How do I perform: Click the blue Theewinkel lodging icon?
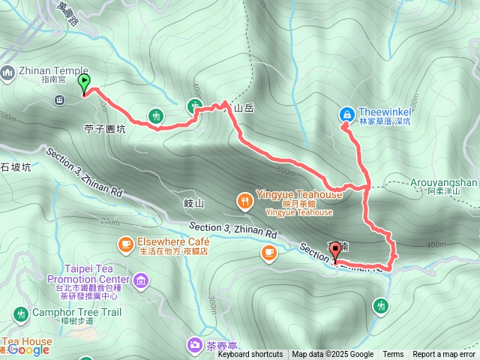tap(346, 114)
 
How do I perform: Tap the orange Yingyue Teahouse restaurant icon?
tap(244, 200)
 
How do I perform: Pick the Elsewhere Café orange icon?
tap(125, 244)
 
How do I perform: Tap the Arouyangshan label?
tap(444, 182)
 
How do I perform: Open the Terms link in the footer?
tap(393, 355)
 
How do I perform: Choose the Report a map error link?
tap(444, 355)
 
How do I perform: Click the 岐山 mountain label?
tap(193, 203)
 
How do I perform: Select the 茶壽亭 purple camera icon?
tap(194, 344)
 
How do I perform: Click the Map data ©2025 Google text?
tap(332, 355)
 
